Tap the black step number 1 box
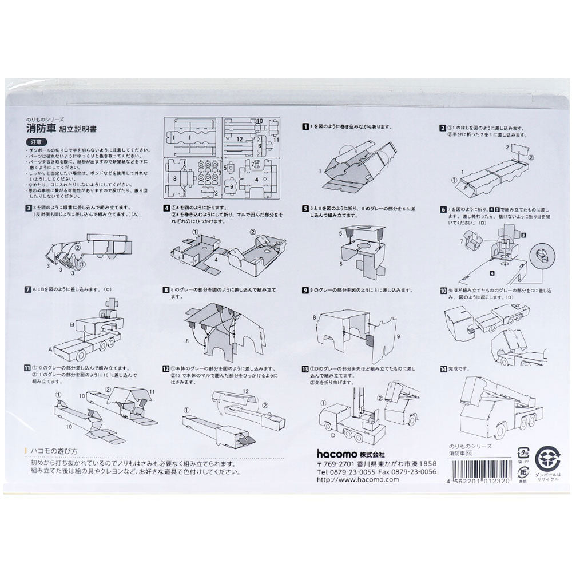(x=307, y=126)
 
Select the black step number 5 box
(x=307, y=209)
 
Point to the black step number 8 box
(x=166, y=291)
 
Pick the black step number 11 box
(x=27, y=368)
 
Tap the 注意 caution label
(x=33, y=141)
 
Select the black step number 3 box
(x=27, y=209)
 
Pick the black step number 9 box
(x=307, y=291)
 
